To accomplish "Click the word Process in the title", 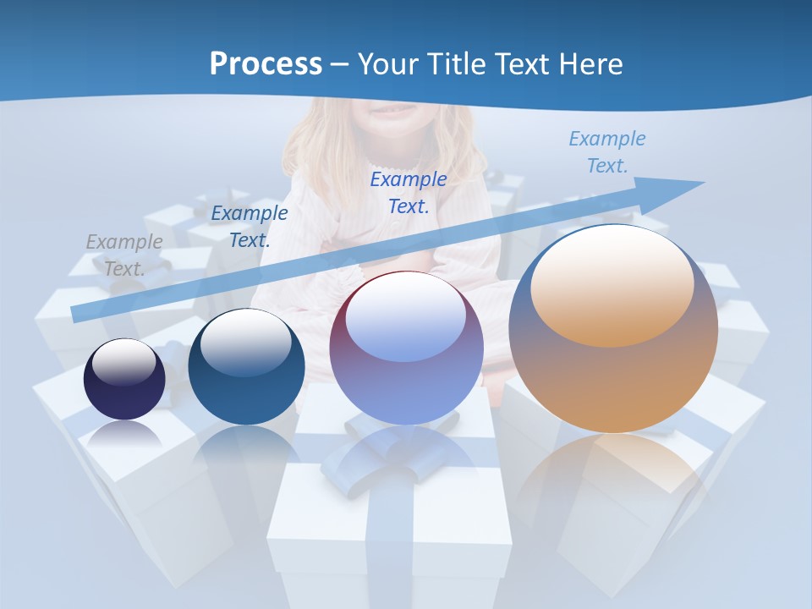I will (x=266, y=64).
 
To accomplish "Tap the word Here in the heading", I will (x=590, y=64).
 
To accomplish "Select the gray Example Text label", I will (x=124, y=255).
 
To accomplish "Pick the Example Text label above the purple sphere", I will (x=409, y=192).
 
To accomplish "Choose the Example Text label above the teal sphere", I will (x=250, y=226).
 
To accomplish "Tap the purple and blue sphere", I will (x=406, y=372).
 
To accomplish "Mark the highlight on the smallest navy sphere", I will (x=123, y=361).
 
